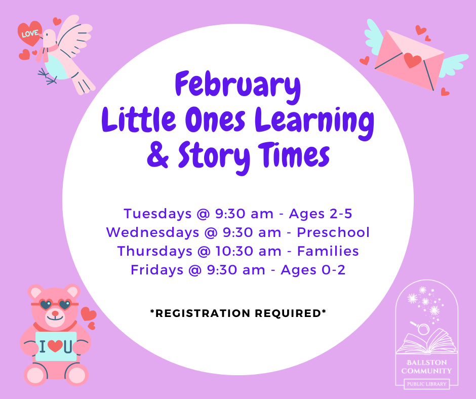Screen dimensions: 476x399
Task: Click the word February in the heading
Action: [237, 86]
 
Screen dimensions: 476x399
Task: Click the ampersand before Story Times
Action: [157, 155]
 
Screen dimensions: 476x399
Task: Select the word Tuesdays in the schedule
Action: [157, 214]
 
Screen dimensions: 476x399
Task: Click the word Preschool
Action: [333, 232]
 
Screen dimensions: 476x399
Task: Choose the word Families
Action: [328, 251]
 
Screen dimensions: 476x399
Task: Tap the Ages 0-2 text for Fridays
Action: [313, 270]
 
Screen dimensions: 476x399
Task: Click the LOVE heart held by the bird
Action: [29, 33]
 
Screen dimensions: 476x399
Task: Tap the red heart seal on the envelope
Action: [412, 60]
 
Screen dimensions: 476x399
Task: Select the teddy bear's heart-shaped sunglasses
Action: [55, 304]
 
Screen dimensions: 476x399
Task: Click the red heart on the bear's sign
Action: [55, 346]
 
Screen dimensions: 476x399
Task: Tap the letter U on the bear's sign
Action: [68, 346]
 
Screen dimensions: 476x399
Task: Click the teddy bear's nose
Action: [55, 313]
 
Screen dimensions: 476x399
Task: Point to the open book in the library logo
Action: [427, 341]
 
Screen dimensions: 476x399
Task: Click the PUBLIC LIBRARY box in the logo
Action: [426, 384]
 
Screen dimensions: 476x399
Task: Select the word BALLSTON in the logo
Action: [426, 363]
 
